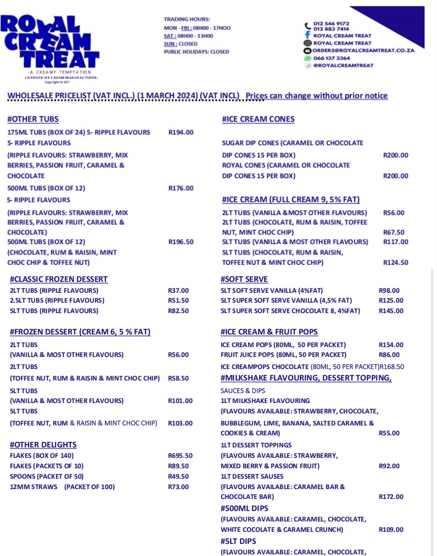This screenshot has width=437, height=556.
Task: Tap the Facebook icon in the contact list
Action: coord(308,36)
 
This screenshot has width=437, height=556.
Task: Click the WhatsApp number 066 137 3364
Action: coord(332,58)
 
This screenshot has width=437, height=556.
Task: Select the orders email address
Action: coord(363,50)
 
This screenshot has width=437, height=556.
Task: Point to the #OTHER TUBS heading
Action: coord(33,119)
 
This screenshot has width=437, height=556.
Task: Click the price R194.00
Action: coord(181,132)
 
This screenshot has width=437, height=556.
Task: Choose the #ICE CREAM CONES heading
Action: coord(258,119)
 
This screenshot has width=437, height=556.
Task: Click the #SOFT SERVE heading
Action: coord(244,279)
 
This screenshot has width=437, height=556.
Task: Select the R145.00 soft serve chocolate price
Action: coord(391,311)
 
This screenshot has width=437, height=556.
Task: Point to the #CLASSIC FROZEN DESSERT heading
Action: coord(59,279)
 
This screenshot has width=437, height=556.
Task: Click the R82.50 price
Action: coord(178,311)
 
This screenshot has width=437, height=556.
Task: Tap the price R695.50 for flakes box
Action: coord(180,456)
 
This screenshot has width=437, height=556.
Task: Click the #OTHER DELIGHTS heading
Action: coord(43,445)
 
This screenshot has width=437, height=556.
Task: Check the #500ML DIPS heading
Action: coord(246,508)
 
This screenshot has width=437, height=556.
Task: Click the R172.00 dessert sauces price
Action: coord(391,497)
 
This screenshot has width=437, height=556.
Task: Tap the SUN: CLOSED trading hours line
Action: coord(181,44)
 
